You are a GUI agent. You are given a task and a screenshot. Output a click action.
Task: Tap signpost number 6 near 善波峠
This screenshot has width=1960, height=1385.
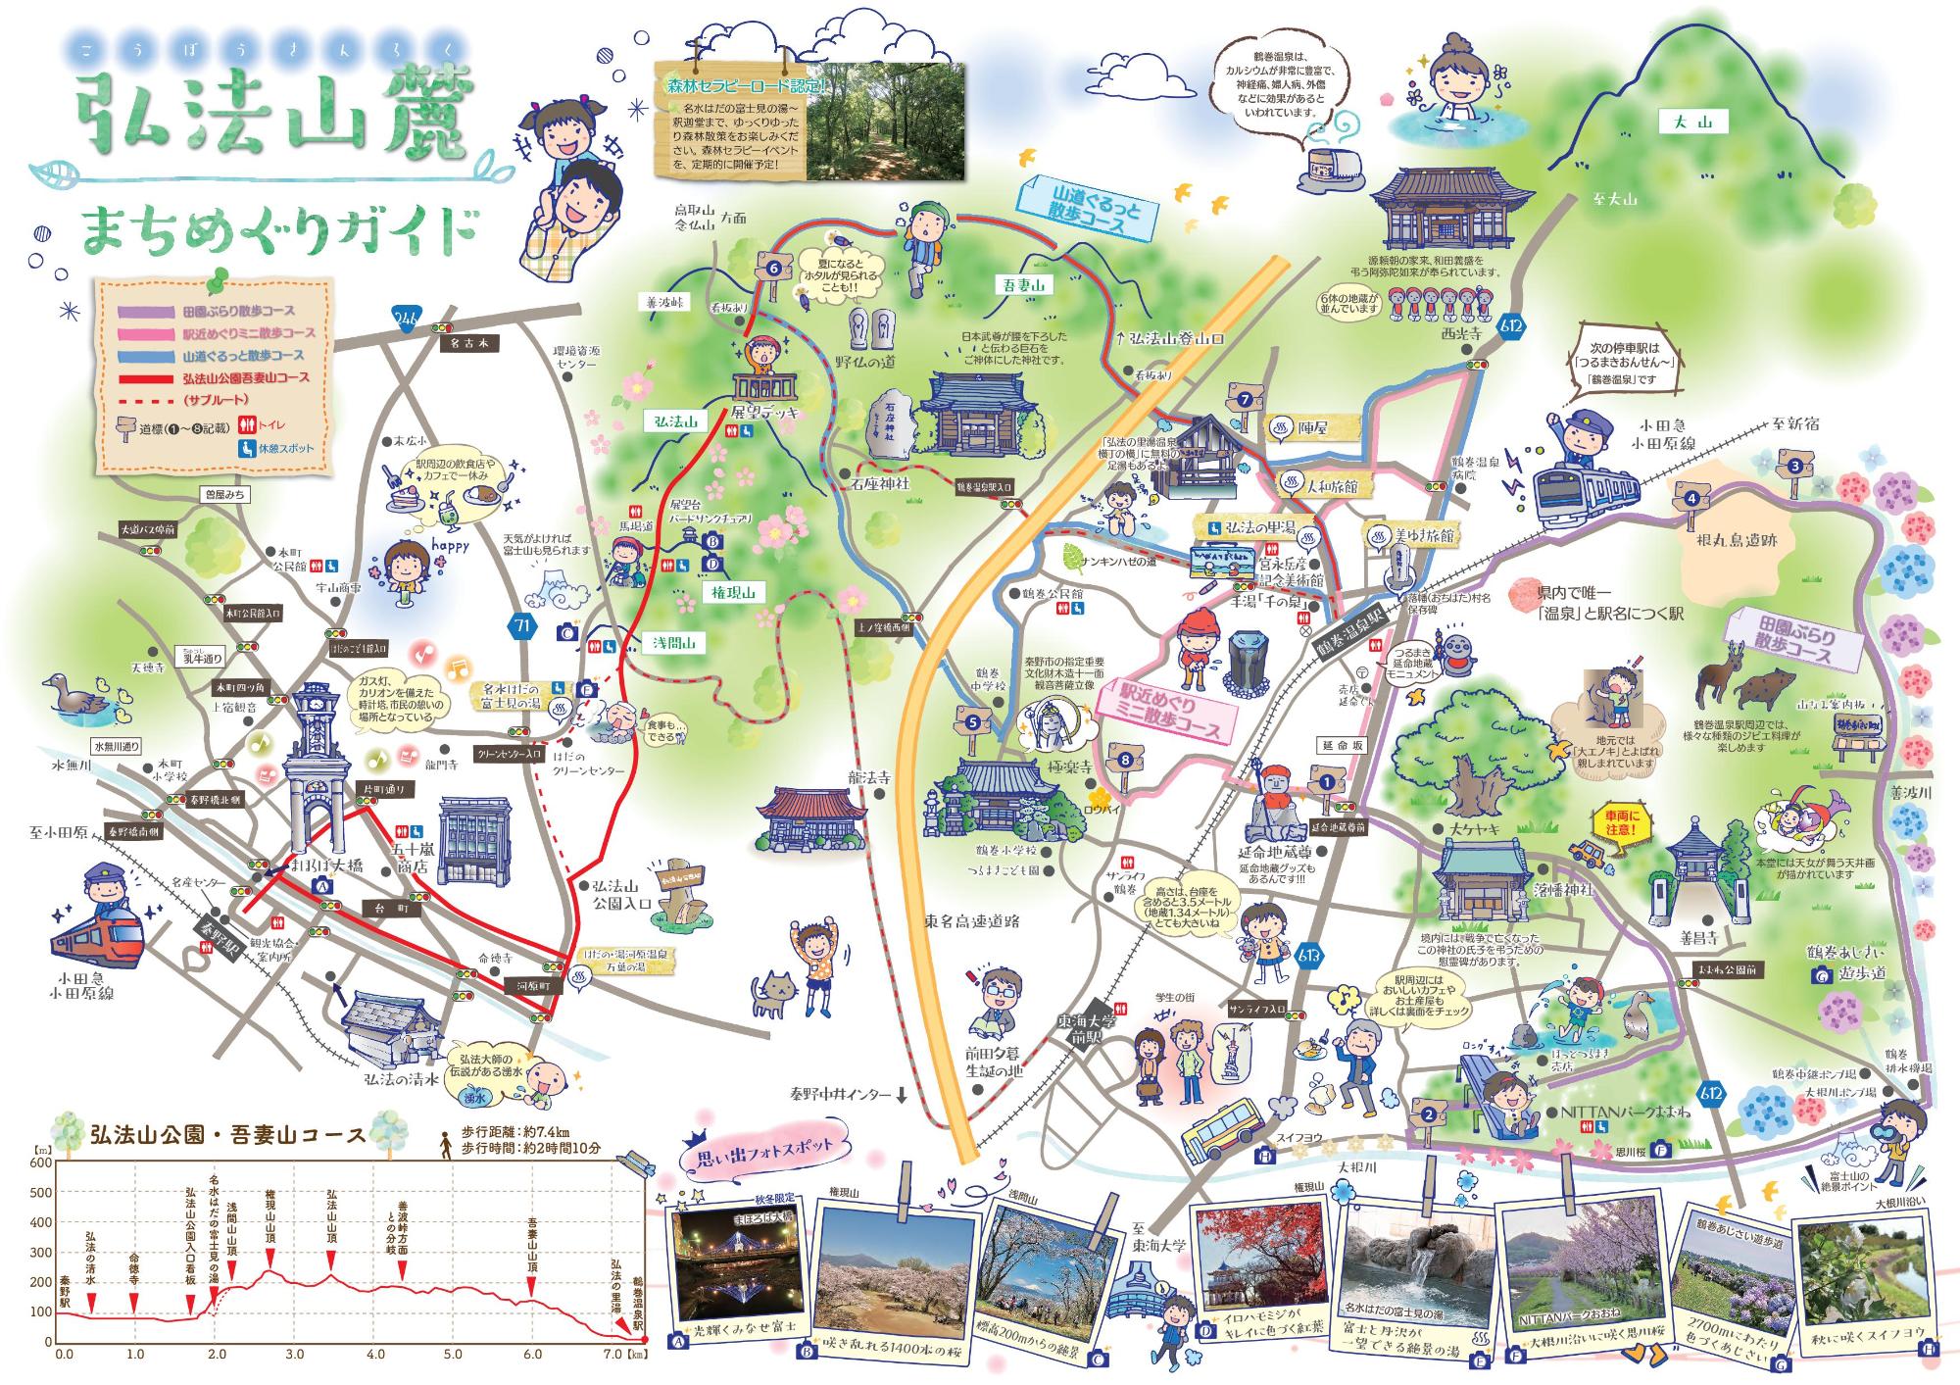click(x=773, y=268)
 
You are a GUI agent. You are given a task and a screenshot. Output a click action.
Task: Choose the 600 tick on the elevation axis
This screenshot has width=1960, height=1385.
click(x=41, y=1162)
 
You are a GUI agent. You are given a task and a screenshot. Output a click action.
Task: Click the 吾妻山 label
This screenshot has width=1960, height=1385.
click(x=1025, y=285)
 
